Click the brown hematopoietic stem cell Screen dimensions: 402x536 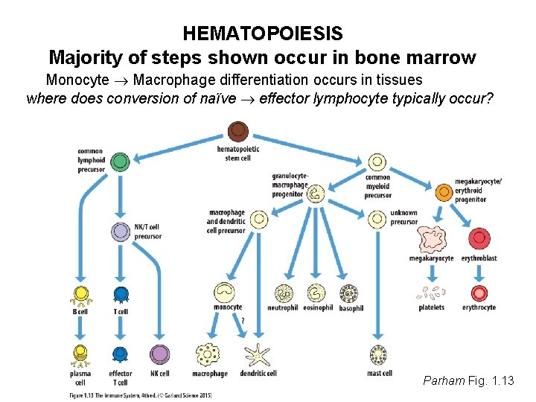pyautogui.click(x=237, y=133)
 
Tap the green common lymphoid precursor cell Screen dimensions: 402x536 pyautogui.click(x=120, y=161)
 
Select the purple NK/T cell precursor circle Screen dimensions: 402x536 pyautogui.click(x=121, y=232)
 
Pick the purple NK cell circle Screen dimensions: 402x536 pyautogui.click(x=159, y=354)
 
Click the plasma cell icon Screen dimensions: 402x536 pyautogui.click(x=80, y=356)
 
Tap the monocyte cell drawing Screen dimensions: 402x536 pyautogui.click(x=226, y=293)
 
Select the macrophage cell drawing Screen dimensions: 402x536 pyautogui.click(x=209, y=355)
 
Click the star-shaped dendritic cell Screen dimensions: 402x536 pyautogui.click(x=258, y=355)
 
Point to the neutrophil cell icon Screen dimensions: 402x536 pyautogui.click(x=284, y=293)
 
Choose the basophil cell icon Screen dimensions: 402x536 pyautogui.click(x=349, y=293)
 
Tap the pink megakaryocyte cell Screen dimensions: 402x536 pyautogui.click(x=431, y=240)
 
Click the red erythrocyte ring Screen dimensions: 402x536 pyautogui.click(x=479, y=293)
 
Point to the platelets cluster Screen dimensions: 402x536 pyautogui.click(x=431, y=293)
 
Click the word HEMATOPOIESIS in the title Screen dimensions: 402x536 pyautogui.click(x=263, y=33)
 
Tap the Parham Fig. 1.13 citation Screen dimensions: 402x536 pyautogui.click(x=468, y=381)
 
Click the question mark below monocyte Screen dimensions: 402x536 pyautogui.click(x=243, y=320)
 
